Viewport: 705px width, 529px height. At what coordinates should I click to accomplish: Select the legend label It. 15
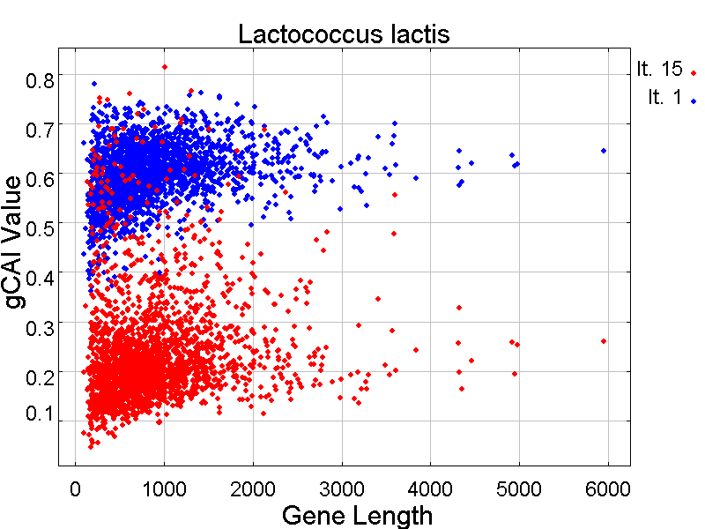point(659,70)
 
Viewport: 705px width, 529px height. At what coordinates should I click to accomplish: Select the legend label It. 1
point(664,98)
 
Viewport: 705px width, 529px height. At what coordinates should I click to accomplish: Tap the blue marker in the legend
point(694,101)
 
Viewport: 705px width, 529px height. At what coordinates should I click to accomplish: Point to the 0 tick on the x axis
point(76,486)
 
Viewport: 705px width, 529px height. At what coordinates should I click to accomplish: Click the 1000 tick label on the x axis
point(164,486)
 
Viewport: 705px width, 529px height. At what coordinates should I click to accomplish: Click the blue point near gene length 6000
point(604,151)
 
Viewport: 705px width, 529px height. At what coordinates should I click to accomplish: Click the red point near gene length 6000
point(604,341)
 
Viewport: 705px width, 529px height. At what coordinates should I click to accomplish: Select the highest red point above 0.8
point(165,66)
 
